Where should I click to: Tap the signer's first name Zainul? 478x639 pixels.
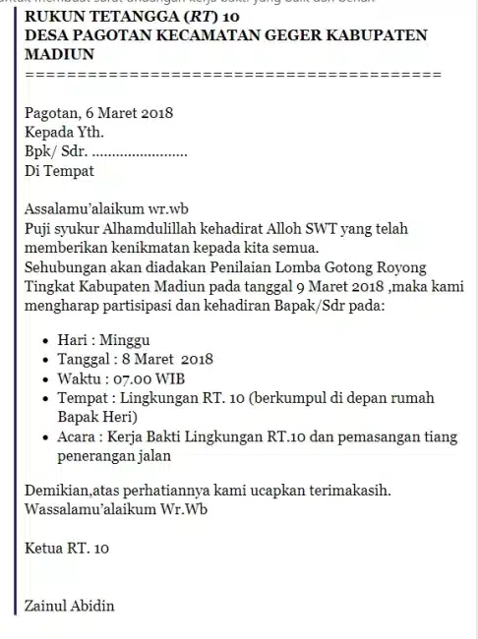point(48,605)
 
